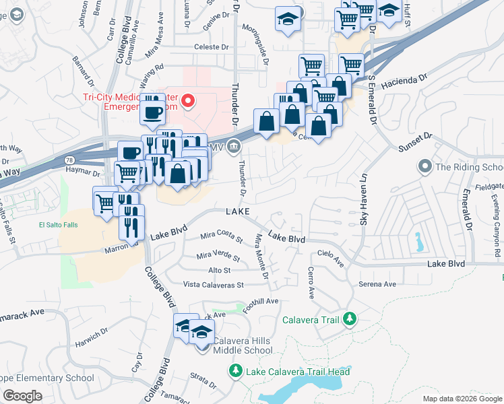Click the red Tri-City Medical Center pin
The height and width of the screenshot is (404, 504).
click(x=189, y=102)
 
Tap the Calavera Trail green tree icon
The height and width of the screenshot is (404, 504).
click(x=349, y=318)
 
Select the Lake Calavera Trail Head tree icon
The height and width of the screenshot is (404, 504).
click(x=235, y=370)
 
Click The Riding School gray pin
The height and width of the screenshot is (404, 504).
click(x=424, y=166)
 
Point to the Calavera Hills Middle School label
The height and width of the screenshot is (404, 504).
click(x=242, y=345)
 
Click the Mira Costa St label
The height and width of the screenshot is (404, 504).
click(x=221, y=236)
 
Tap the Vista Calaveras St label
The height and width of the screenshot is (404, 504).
click(x=213, y=285)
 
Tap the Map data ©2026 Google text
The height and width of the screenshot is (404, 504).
click(x=462, y=399)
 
